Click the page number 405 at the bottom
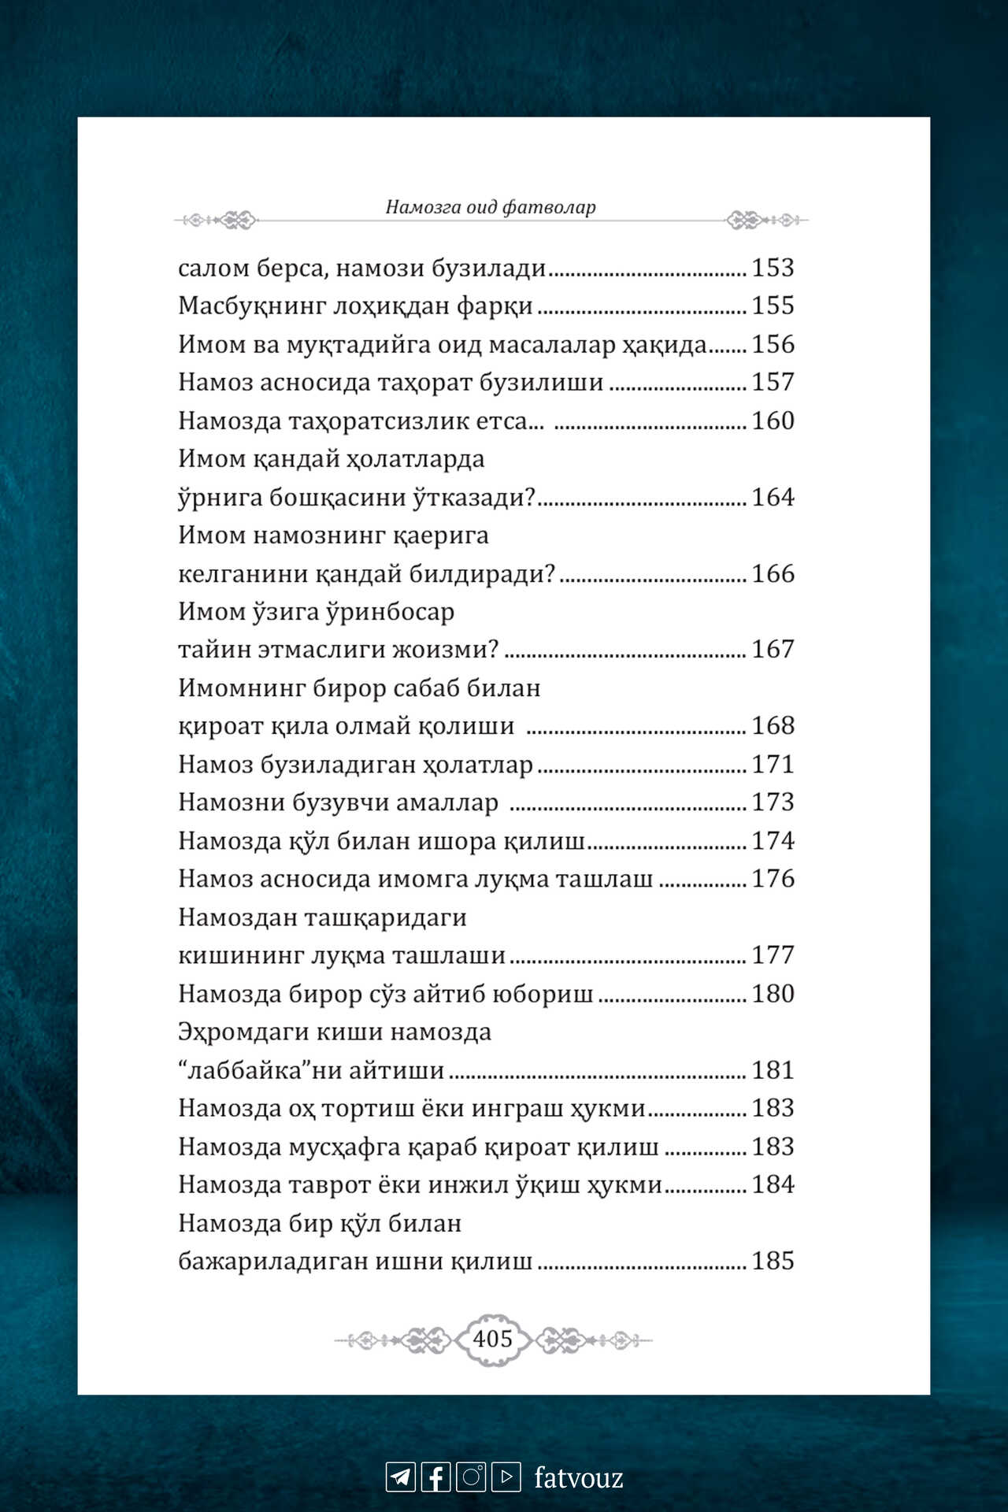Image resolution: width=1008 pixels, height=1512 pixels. tap(492, 1338)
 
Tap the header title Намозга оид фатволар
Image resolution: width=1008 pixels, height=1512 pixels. tap(490, 207)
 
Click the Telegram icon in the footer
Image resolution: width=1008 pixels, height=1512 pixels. tap(400, 1477)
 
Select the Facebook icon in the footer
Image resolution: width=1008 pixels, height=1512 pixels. tap(435, 1477)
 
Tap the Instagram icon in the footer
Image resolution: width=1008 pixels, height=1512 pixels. tap(471, 1477)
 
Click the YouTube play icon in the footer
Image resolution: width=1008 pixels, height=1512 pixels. tap(506, 1477)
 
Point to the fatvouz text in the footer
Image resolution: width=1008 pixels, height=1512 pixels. tap(579, 1477)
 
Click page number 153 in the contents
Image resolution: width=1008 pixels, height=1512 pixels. tap(773, 268)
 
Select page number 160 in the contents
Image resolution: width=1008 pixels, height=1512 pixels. tap(773, 421)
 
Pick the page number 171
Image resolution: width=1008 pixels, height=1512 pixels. tap(773, 764)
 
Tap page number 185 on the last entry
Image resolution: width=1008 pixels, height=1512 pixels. tap(773, 1261)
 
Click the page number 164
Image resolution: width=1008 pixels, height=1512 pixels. tap(773, 497)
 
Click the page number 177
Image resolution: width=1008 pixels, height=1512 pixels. tap(773, 955)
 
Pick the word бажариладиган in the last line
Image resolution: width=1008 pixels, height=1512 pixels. tap(272, 1262)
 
